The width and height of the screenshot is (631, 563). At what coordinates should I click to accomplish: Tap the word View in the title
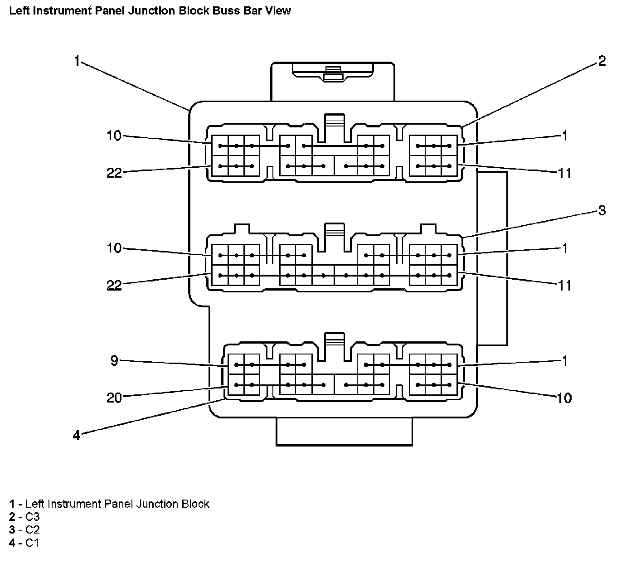pos(279,10)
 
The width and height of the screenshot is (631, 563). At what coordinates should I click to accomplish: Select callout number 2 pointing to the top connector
pos(602,61)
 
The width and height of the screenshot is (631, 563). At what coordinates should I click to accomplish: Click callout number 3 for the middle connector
pos(602,211)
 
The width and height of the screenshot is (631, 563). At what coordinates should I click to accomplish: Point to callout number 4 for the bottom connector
pos(77,436)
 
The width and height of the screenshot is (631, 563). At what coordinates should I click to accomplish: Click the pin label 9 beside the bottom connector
pos(114,361)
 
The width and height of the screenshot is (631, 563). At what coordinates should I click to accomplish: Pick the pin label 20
pos(114,398)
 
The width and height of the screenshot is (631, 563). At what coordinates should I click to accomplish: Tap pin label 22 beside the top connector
pos(114,173)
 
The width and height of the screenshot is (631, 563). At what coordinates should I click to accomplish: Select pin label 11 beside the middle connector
pos(565,286)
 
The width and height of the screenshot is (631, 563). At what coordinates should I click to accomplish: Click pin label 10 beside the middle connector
pos(114,248)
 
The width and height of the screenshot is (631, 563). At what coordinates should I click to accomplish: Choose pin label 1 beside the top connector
pos(565,136)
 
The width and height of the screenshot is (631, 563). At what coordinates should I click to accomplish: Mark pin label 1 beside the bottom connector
pos(565,361)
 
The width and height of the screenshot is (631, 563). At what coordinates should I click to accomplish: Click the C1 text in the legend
pos(32,543)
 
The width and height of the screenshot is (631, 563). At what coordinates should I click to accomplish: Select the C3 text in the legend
pos(32,517)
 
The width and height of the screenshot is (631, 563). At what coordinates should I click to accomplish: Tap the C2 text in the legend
pos(32,529)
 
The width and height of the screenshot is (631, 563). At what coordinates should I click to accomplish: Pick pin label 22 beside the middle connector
pos(114,286)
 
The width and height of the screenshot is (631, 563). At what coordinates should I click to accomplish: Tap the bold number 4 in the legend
pos(12,543)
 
